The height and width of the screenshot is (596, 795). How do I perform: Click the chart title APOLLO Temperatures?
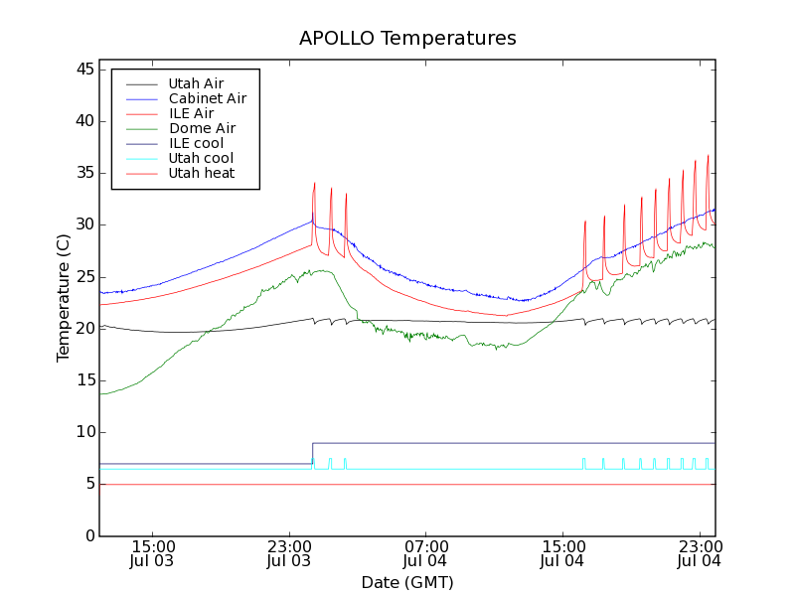coord(407,39)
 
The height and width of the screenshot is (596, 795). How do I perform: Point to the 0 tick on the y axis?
coord(89,535)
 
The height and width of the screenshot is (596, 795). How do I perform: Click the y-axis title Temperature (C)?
coord(63,298)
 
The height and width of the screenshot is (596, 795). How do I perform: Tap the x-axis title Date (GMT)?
coord(407,582)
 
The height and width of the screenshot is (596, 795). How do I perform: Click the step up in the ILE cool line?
coord(312,453)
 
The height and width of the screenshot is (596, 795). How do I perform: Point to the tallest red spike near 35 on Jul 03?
coord(314,184)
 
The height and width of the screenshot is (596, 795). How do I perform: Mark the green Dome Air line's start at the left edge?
coord(100,394)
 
